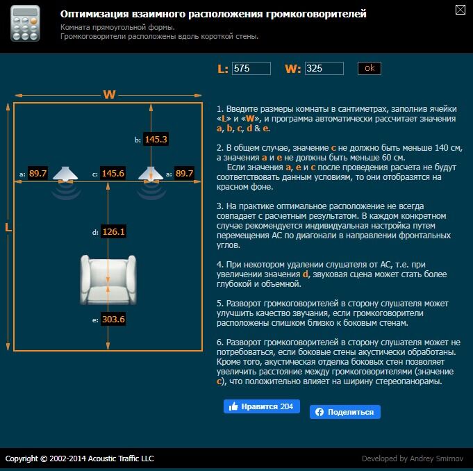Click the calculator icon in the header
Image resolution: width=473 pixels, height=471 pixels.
click(25, 23)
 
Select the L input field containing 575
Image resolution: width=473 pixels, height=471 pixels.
click(251, 69)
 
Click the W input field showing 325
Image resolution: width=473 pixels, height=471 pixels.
click(324, 69)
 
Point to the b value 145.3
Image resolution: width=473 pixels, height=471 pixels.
click(156, 139)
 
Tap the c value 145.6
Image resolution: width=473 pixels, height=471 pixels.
click(113, 173)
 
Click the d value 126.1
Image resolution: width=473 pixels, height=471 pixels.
click(113, 232)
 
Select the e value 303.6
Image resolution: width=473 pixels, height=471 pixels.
click(113, 319)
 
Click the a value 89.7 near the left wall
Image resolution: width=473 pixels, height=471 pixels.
click(38, 173)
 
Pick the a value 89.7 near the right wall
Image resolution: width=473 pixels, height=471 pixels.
click(184, 173)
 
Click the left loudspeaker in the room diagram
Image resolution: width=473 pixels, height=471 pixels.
click(65, 174)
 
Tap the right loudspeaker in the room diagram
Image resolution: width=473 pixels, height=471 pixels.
click(151, 174)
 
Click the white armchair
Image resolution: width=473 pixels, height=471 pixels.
click(108, 280)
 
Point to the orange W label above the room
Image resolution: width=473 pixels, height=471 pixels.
click(109, 94)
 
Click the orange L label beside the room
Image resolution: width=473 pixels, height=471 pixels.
click(8, 227)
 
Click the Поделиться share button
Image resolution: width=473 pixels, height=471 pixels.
click(345, 412)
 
